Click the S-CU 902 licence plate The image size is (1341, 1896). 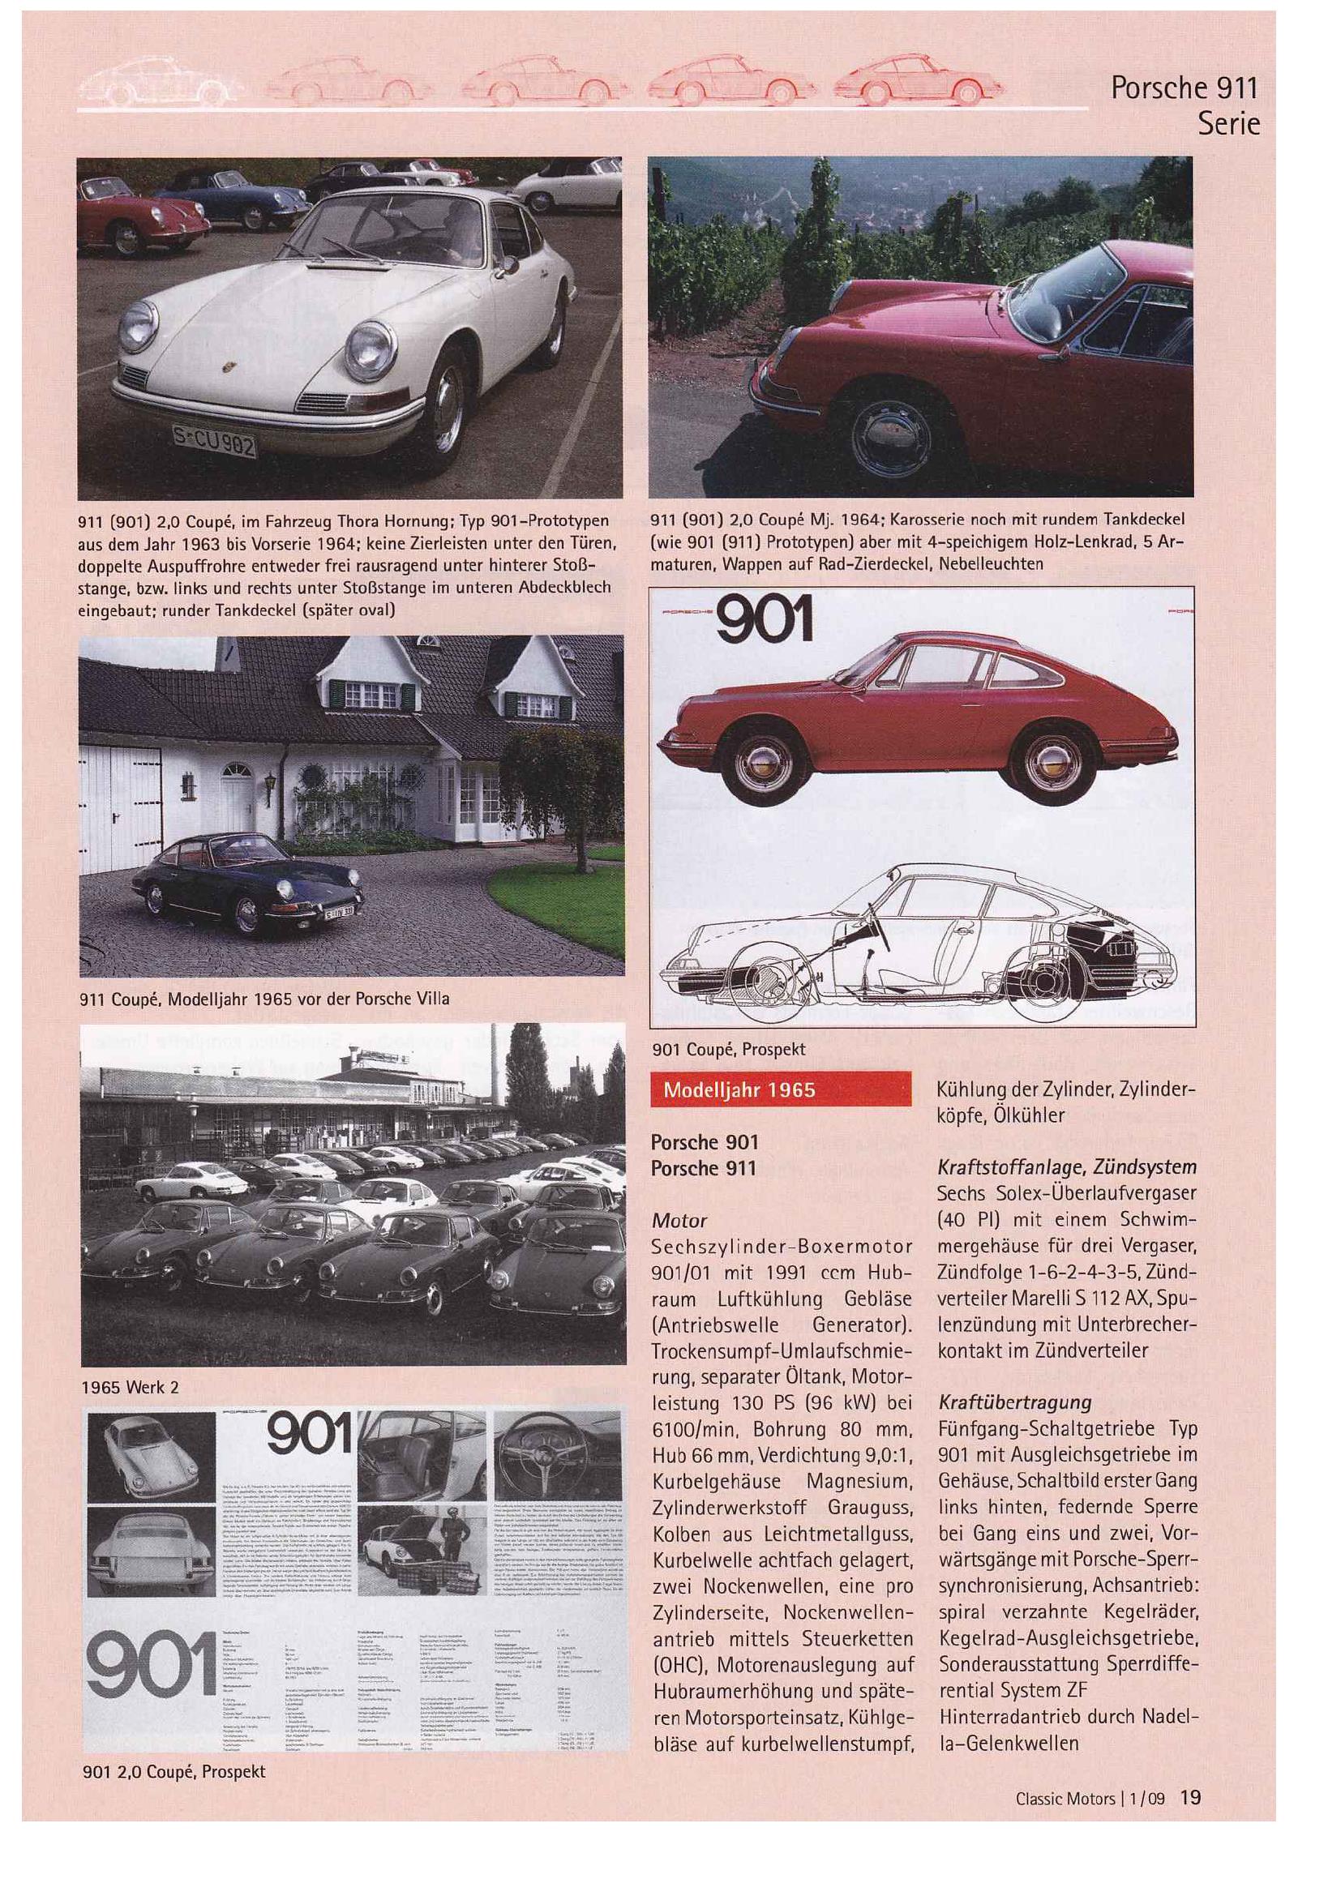[215, 446]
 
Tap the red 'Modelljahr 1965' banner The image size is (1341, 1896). [781, 1089]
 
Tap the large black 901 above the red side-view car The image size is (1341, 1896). [765, 620]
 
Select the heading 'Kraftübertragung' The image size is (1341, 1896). [1015, 1402]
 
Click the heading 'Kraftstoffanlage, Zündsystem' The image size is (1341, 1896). [1067, 1166]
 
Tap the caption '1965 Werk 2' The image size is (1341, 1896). [130, 1386]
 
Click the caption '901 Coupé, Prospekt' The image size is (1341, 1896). [728, 1049]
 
